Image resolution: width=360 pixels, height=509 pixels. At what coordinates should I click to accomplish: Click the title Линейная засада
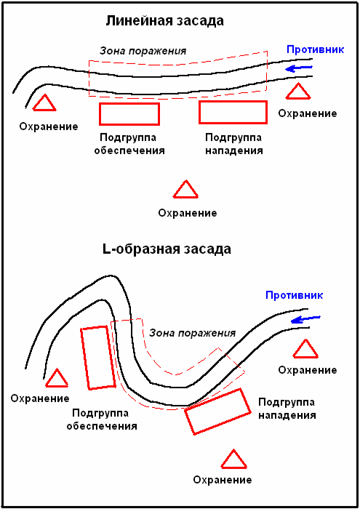point(164,21)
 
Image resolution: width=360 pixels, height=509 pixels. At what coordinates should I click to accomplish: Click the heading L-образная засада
point(167,249)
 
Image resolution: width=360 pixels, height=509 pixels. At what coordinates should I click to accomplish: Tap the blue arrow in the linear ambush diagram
point(299,68)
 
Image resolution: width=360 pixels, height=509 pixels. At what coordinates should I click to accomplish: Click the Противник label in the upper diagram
point(315,49)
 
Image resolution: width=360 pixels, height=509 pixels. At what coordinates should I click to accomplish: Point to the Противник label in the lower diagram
point(294,295)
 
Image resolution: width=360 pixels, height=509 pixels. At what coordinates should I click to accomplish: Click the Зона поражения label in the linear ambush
point(143,51)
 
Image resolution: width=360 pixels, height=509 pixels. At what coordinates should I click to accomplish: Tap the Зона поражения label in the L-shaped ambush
point(192,333)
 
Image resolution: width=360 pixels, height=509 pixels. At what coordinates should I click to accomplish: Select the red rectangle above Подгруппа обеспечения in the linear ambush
point(129,114)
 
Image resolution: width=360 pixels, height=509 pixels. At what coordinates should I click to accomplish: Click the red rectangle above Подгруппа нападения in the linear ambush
point(233,112)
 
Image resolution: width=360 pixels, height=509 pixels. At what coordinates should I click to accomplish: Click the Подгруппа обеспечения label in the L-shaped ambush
point(102,420)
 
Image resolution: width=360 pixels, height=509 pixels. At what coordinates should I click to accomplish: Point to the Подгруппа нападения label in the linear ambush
point(233,144)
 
